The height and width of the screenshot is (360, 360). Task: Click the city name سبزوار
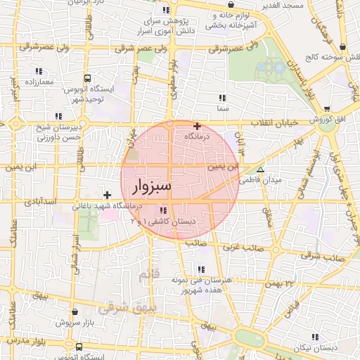[151, 186]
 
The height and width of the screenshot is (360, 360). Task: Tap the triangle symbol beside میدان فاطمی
[261, 170]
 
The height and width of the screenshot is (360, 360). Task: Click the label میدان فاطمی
[260, 181]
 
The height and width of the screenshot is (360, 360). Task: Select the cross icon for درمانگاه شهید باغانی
[107, 195]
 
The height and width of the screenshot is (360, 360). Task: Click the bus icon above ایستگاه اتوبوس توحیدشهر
[87, 79]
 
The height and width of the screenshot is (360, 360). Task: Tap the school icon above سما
[222, 98]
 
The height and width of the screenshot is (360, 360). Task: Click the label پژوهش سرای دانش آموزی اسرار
[167, 27]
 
